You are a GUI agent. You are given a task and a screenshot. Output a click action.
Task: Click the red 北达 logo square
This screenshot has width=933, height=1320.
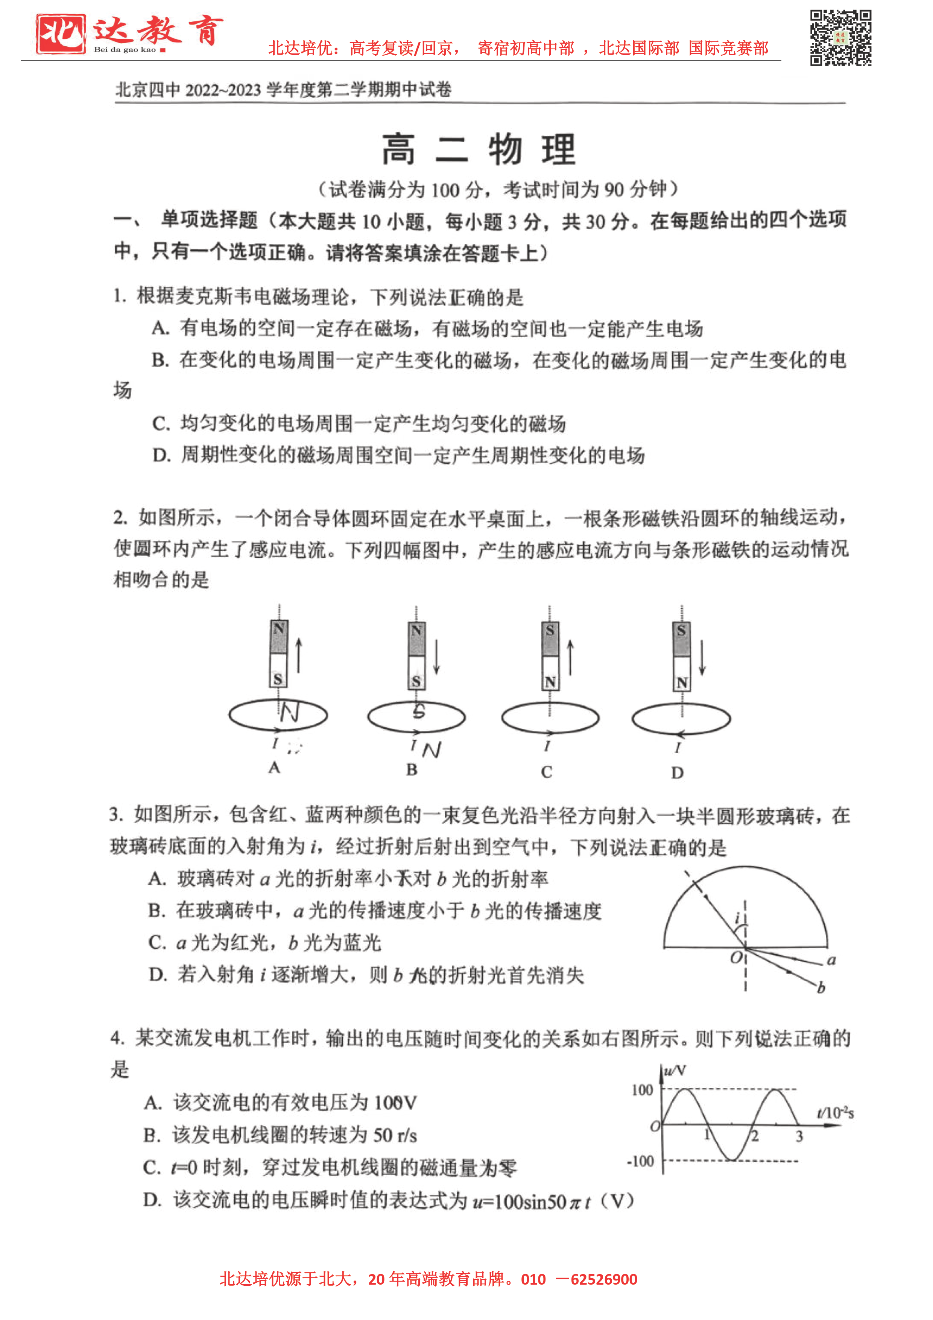[60, 34]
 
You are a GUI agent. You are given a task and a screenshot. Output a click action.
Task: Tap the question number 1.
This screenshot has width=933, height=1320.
[120, 297]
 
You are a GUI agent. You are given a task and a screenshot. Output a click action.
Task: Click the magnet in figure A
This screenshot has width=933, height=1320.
[279, 653]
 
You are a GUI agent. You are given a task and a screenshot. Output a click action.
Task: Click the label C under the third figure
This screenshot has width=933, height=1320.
[546, 771]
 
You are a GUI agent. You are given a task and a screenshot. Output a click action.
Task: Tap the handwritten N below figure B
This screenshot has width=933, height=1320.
[431, 750]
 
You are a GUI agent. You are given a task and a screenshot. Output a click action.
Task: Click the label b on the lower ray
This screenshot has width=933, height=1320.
[821, 988]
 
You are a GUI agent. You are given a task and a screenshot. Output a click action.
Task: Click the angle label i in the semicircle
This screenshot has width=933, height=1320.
[737, 918]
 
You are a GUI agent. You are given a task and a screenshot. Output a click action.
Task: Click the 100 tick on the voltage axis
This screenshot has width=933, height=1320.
[642, 1090]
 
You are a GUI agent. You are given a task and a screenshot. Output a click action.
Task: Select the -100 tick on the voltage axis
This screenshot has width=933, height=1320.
[640, 1161]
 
